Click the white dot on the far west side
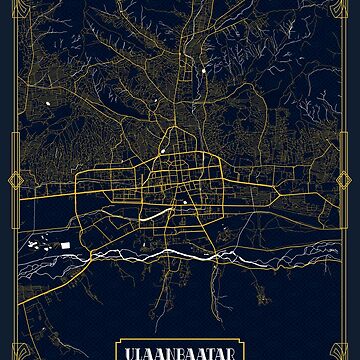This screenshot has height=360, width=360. (x=47, y=105)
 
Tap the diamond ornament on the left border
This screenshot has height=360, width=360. (x=17, y=180)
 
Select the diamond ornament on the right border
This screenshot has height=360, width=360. (x=343, y=180)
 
